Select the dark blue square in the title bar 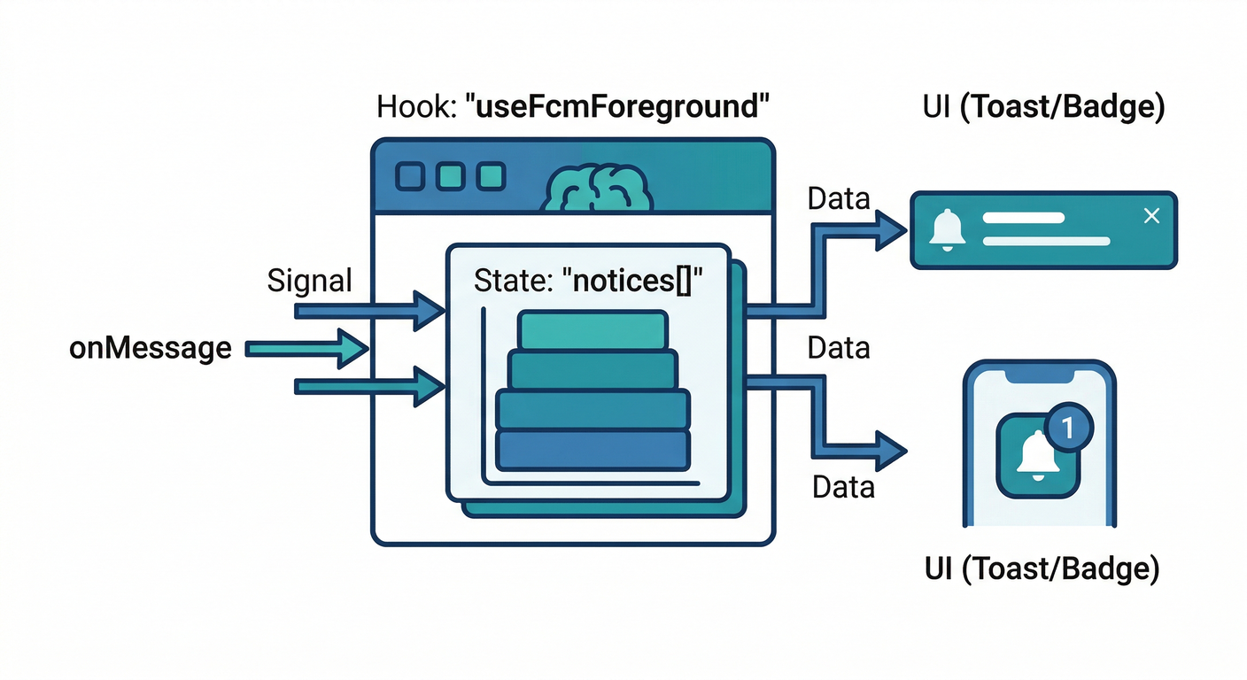click(410, 176)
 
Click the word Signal click(309, 282)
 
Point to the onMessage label click(151, 348)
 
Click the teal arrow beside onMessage click(306, 349)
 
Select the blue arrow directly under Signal click(368, 310)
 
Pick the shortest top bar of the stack click(593, 330)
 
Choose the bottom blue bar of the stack click(593, 450)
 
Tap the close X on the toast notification click(1151, 215)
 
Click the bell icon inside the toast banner click(947, 229)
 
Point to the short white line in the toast click(1023, 217)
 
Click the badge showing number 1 click(1067, 428)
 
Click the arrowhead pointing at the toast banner click(890, 228)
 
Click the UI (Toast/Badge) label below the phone click(1042, 568)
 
